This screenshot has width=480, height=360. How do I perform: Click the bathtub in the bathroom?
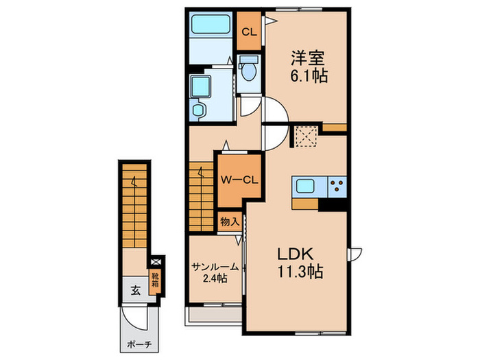point(211,24)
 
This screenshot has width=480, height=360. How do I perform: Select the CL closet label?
point(250,32)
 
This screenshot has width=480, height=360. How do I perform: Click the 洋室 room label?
point(308,58)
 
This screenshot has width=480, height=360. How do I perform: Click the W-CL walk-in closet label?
point(240,180)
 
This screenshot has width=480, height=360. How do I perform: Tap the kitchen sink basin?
point(304,186)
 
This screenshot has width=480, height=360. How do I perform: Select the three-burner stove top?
point(337,187)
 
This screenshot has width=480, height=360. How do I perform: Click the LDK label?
point(295,254)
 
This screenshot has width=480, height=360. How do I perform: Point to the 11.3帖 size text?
point(300,271)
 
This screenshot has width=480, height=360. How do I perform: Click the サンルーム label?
point(215,267)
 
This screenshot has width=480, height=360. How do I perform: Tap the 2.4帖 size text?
point(215,278)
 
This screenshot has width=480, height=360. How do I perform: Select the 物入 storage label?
point(230,221)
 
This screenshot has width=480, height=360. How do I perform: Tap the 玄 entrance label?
point(135,290)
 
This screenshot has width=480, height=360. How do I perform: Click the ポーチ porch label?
point(139,345)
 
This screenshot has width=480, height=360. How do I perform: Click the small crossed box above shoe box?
point(156,262)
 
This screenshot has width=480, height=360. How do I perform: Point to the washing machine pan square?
point(200,86)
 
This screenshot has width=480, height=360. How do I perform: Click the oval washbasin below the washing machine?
point(200,110)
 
